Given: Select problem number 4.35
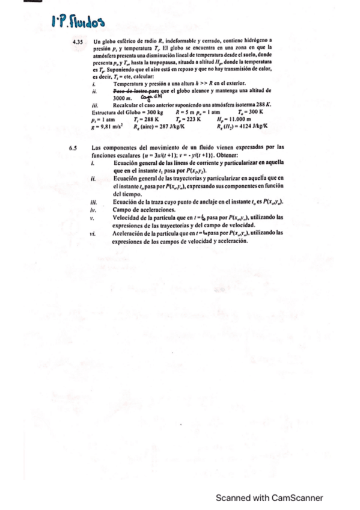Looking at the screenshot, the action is [76, 41].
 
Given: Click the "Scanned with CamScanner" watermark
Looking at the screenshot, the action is [270, 497].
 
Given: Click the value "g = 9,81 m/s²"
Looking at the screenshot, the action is [105, 126].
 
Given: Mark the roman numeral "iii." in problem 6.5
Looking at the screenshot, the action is [93, 203].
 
